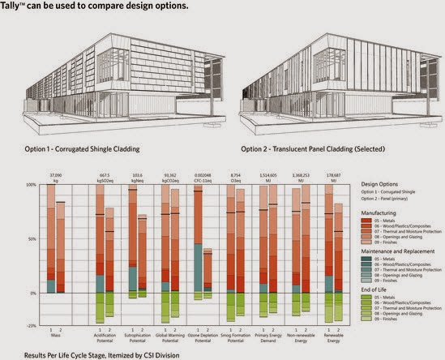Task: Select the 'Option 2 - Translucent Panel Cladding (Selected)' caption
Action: tap(302, 149)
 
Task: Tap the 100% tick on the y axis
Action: tap(31, 185)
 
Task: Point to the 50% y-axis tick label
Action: tap(32, 239)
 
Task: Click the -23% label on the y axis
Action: tap(31, 324)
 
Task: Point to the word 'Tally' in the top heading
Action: tap(15, 6)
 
